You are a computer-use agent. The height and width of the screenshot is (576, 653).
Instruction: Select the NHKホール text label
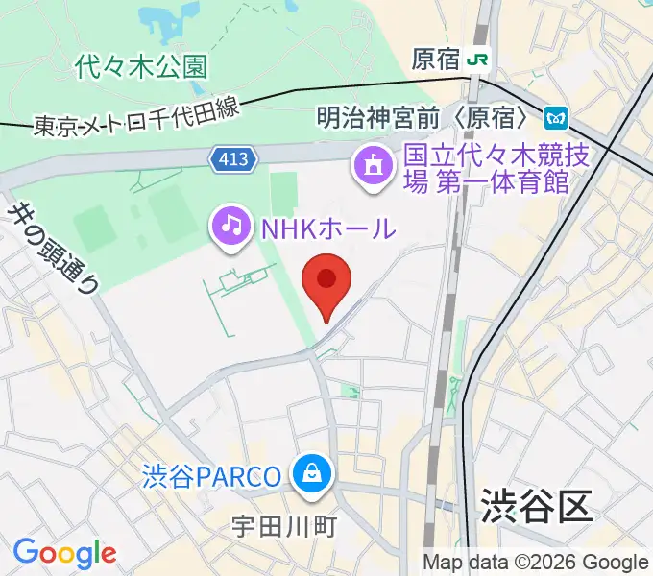click(326, 228)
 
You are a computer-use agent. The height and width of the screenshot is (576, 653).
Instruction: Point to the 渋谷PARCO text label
click(213, 475)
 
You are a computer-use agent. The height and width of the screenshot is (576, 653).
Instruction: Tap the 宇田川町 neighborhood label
click(284, 527)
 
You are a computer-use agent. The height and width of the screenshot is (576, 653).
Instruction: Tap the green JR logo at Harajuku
click(478, 60)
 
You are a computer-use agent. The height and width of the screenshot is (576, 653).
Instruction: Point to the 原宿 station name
click(435, 60)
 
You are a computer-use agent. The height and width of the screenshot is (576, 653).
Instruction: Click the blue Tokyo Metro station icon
click(556, 118)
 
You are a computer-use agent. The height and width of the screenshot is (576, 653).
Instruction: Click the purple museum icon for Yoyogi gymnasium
click(372, 167)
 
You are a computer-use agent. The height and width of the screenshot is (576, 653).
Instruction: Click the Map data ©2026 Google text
click(535, 563)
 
